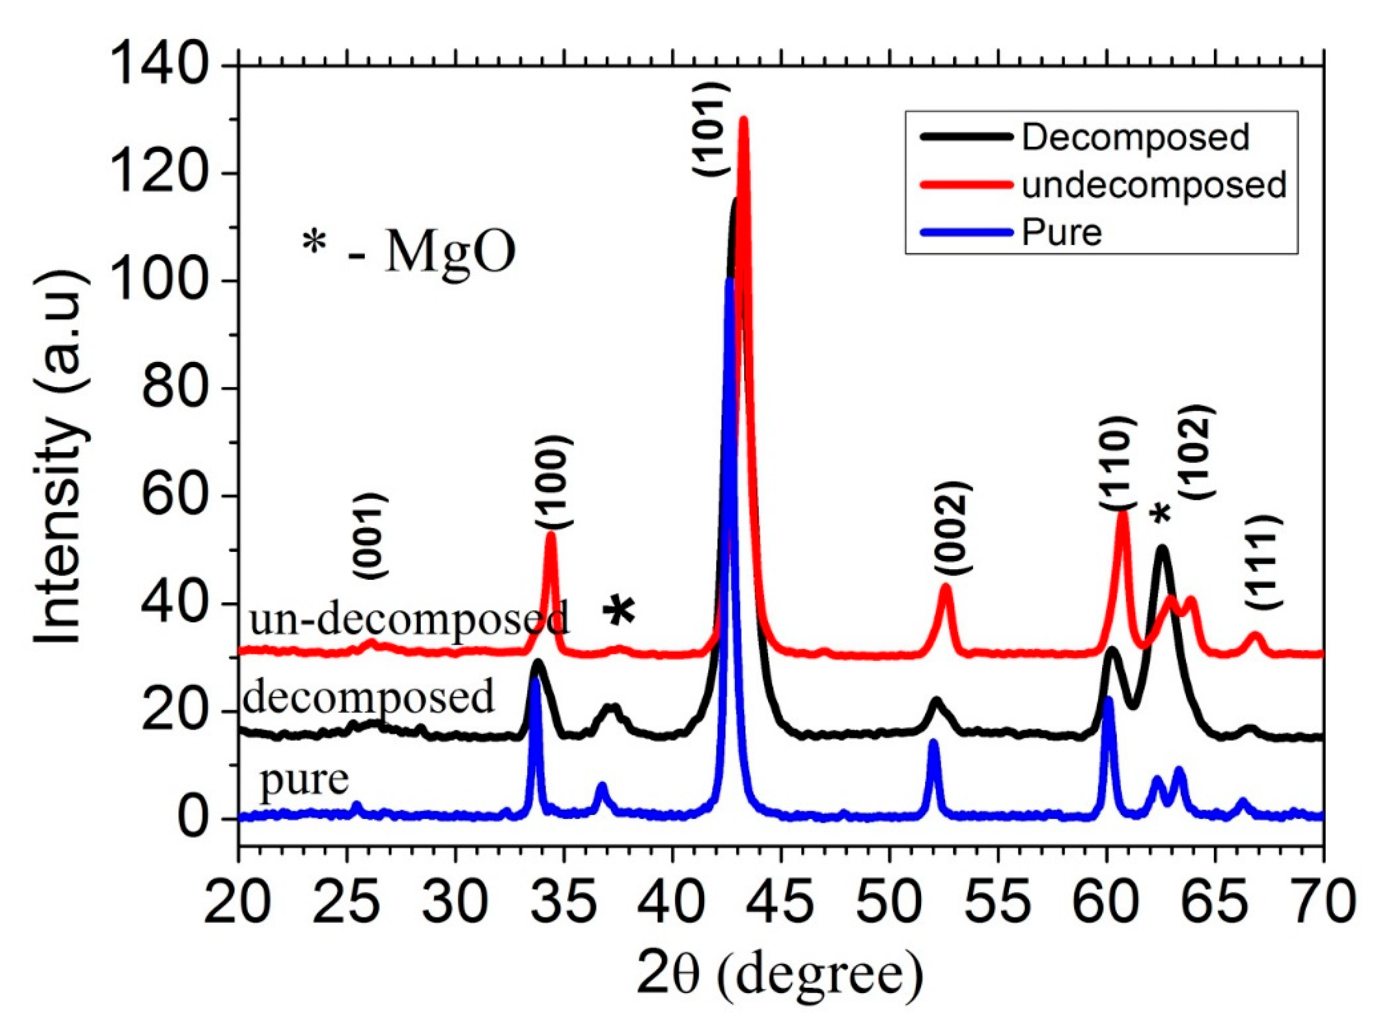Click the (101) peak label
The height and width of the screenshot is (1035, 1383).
pos(711,128)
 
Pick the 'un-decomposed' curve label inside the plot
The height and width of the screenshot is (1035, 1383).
pos(410,618)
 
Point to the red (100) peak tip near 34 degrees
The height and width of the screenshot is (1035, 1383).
pos(551,534)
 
